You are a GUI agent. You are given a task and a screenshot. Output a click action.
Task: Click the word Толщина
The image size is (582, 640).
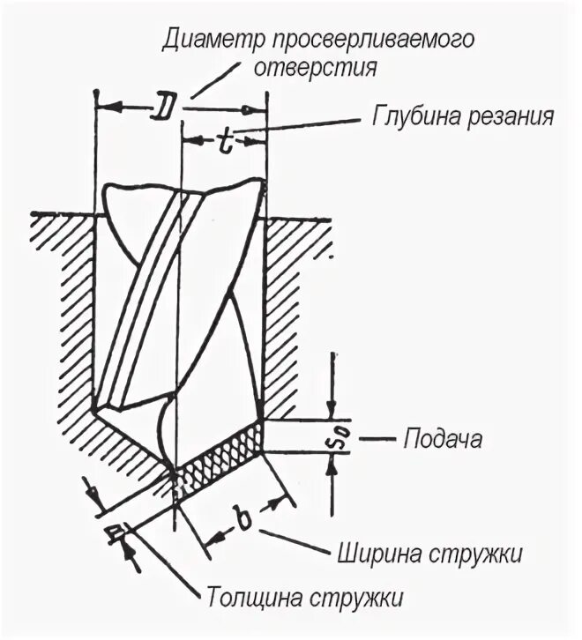coord(256,596)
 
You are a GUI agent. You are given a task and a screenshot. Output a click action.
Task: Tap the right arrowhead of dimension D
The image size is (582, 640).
coord(258,109)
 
